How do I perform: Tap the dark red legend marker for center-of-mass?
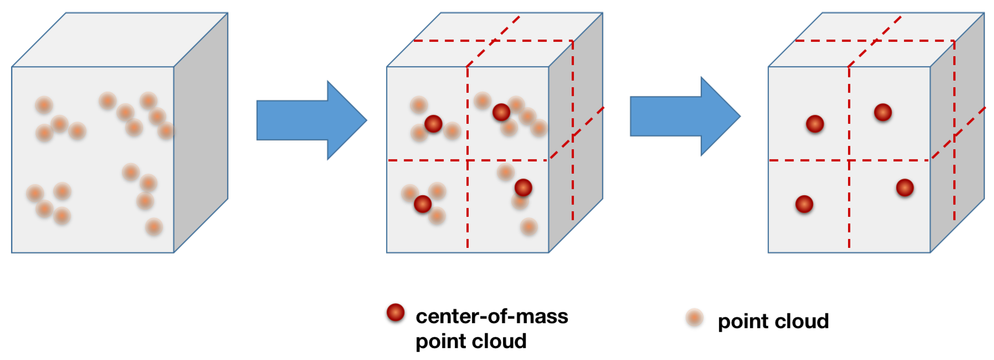396,312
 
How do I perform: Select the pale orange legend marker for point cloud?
694,318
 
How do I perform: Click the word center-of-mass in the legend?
492,316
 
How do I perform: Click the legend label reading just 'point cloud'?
773,321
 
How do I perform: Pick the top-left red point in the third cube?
815,124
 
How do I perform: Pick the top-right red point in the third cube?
882,112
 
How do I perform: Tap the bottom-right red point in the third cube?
905,188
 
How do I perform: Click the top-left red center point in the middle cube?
433,124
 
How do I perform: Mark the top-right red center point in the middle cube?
501,112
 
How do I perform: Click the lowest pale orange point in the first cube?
154,227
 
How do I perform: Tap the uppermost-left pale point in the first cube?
44,105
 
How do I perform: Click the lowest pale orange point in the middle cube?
529,227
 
